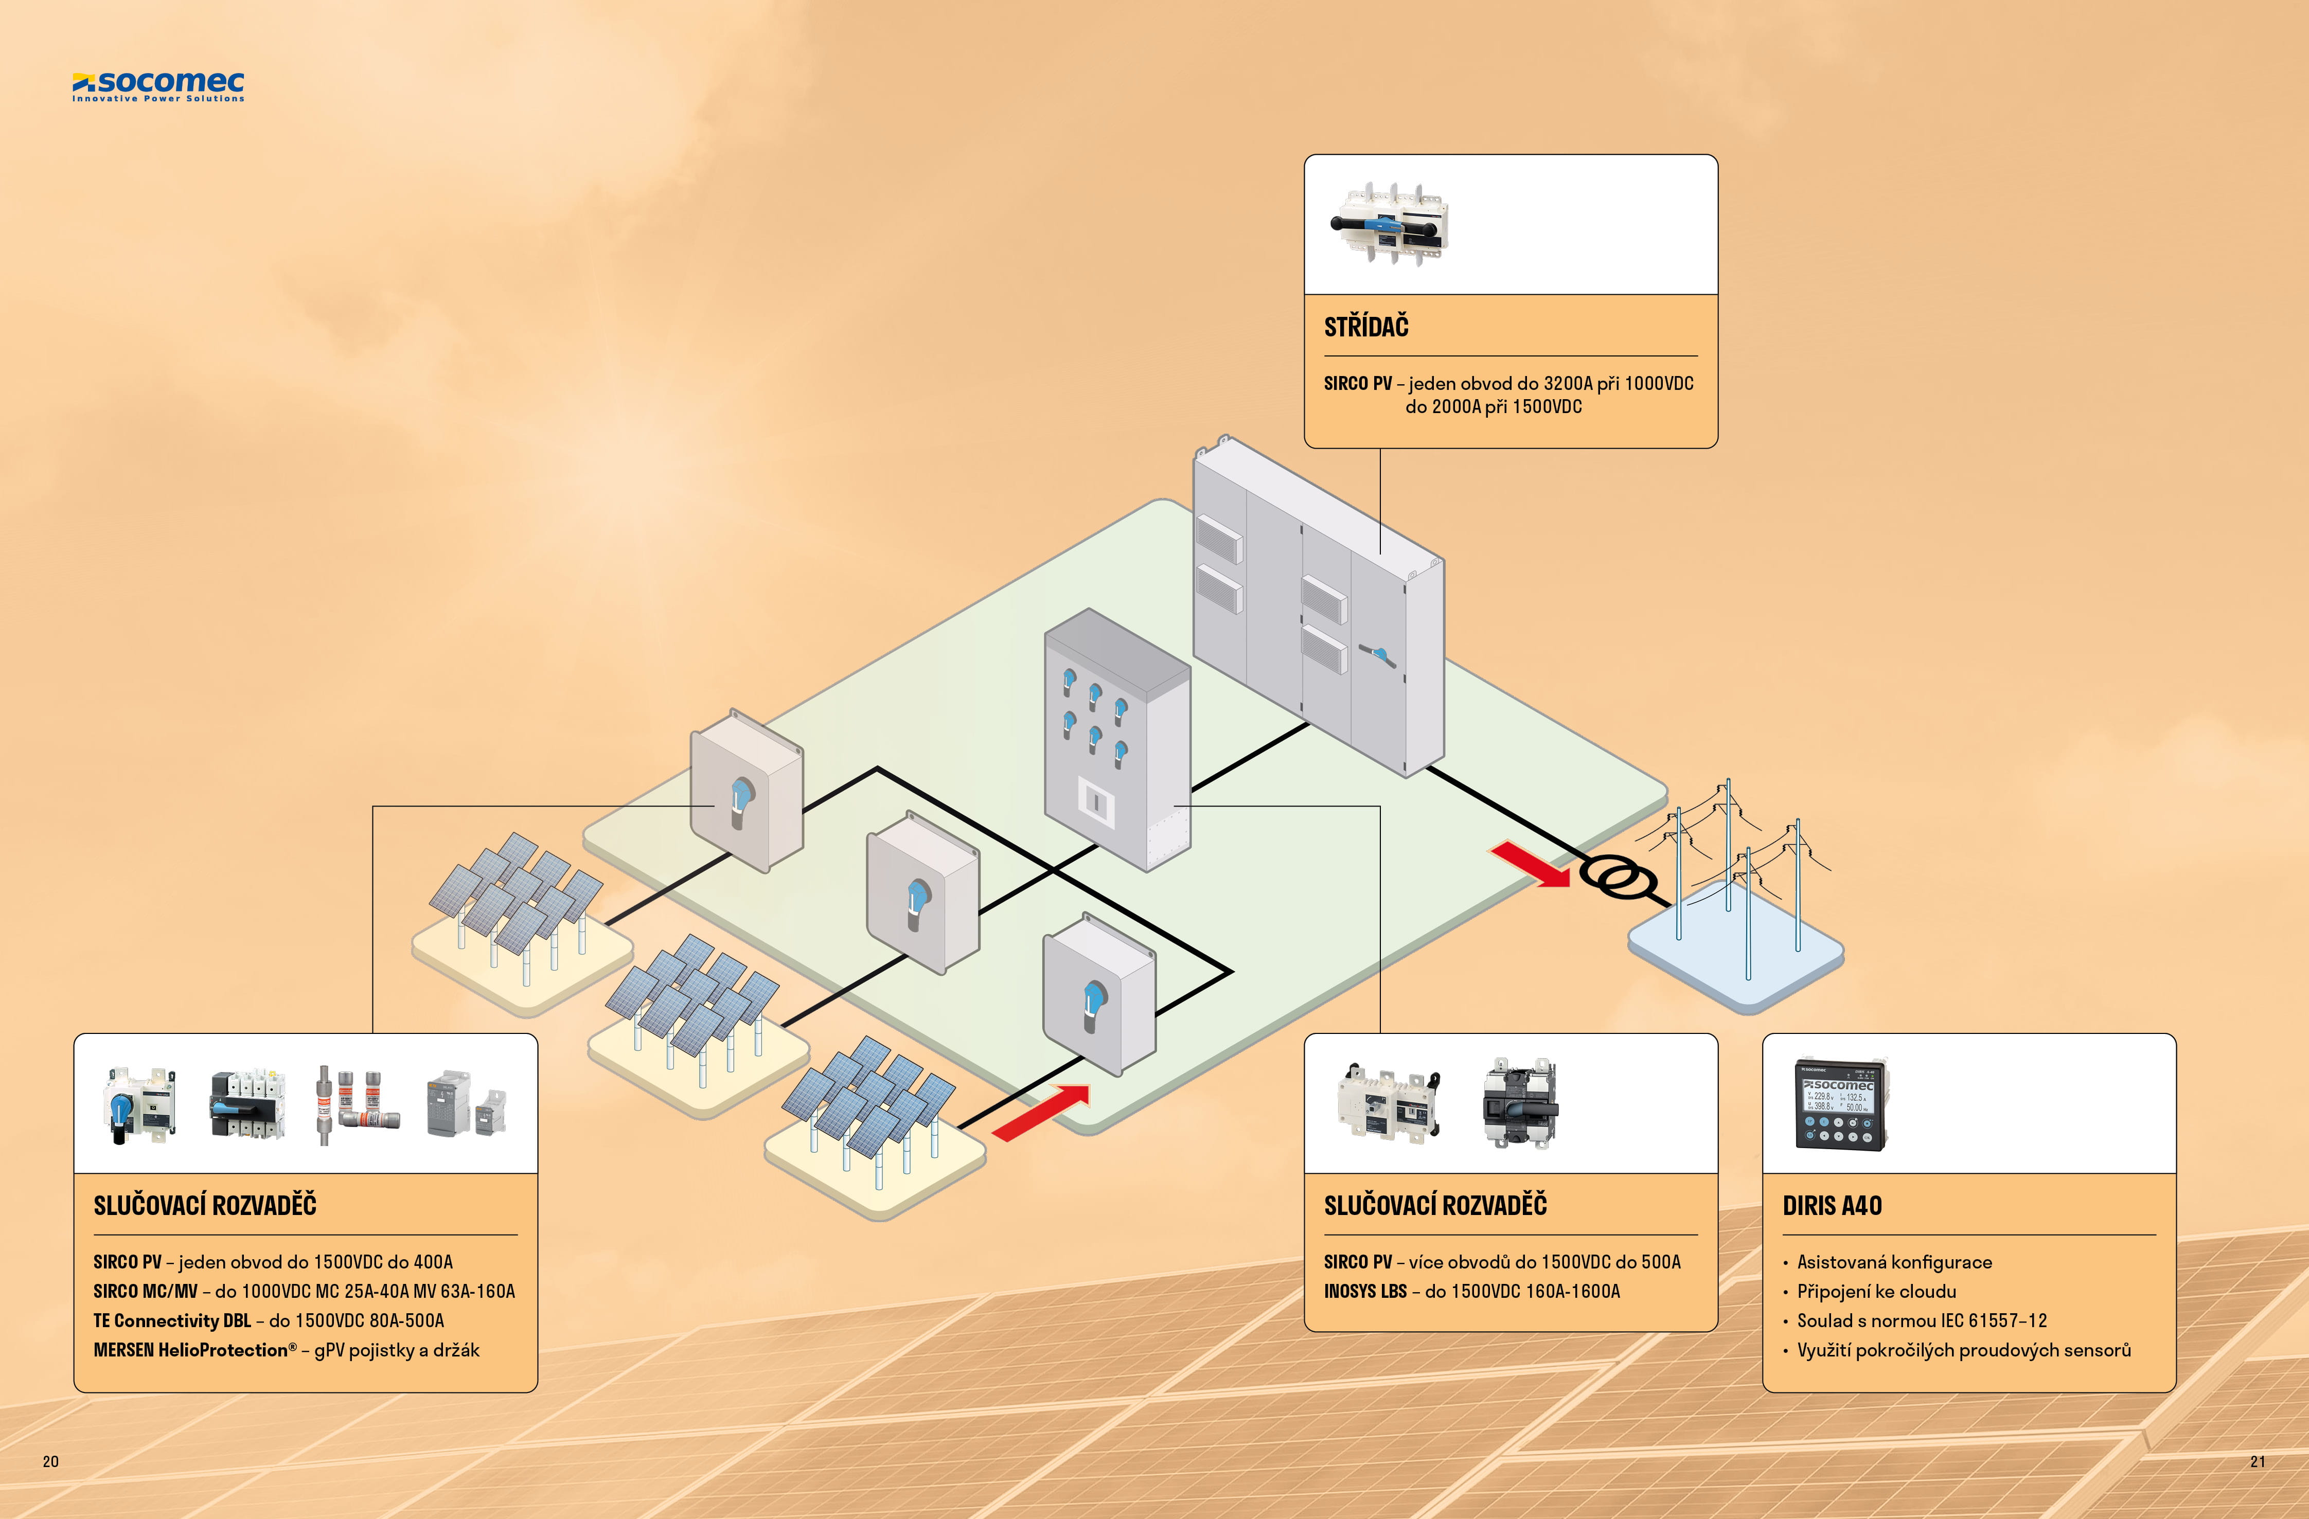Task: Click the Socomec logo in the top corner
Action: click(158, 85)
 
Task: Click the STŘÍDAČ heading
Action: click(1366, 327)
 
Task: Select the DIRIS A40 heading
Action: click(1832, 1206)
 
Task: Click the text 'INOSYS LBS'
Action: click(1365, 1291)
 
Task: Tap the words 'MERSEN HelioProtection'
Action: click(191, 1350)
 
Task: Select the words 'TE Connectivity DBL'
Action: click(172, 1320)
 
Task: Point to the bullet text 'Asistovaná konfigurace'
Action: click(1894, 1262)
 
